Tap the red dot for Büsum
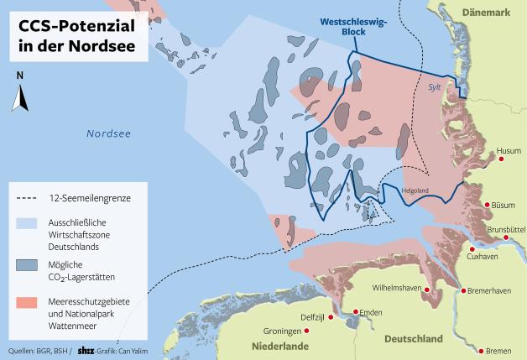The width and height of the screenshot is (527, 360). (x=487, y=204)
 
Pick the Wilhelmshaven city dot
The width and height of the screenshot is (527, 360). (x=428, y=290)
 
